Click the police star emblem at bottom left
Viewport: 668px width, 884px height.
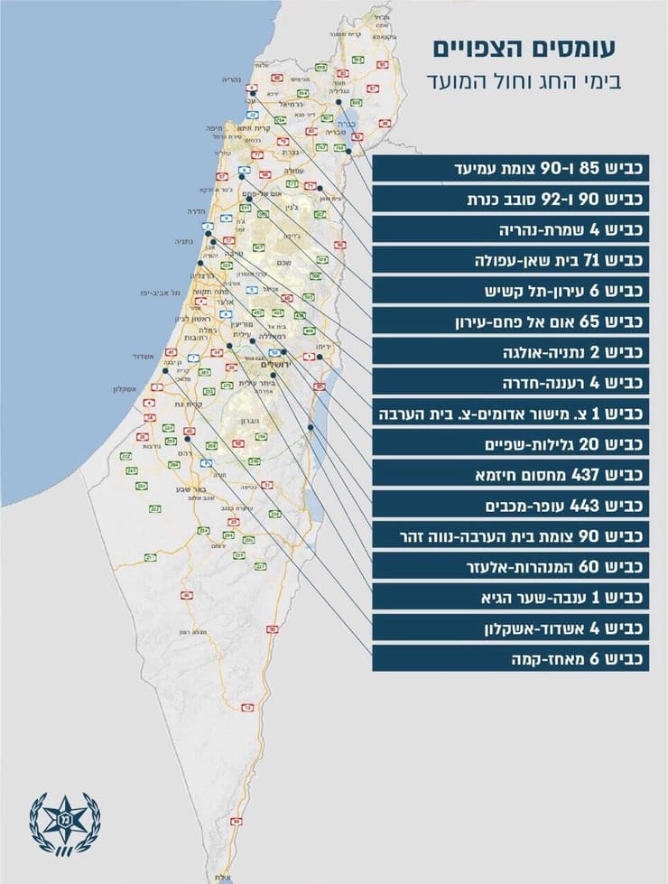tap(64, 823)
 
